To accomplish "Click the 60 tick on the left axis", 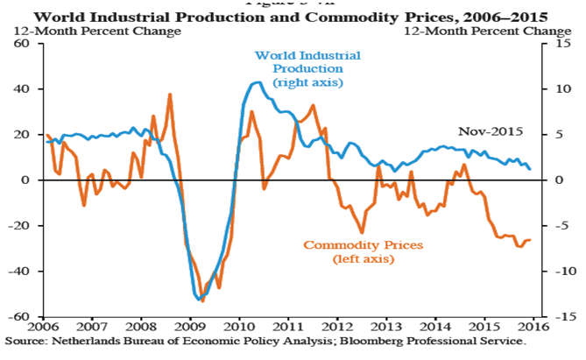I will coord(22,44).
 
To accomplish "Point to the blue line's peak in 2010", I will coord(257,82).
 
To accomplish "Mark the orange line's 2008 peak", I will coord(169,94).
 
